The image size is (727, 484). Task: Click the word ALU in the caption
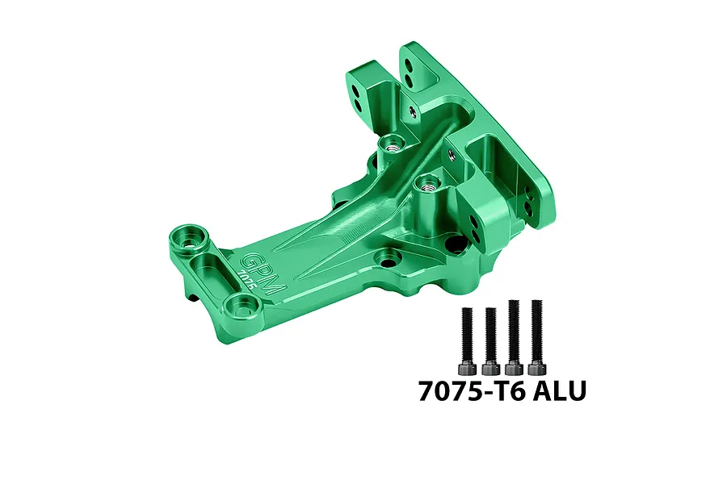point(553,391)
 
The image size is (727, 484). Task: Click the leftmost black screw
point(466,338)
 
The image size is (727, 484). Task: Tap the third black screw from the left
point(512,336)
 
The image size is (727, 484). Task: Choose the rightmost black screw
point(535,336)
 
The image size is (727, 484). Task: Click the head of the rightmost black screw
point(535,366)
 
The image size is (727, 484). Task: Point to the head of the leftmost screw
point(466,367)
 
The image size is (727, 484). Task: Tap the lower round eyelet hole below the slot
point(240,304)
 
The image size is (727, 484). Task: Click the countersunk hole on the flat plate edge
point(390,260)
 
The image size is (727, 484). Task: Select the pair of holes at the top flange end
point(411,69)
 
